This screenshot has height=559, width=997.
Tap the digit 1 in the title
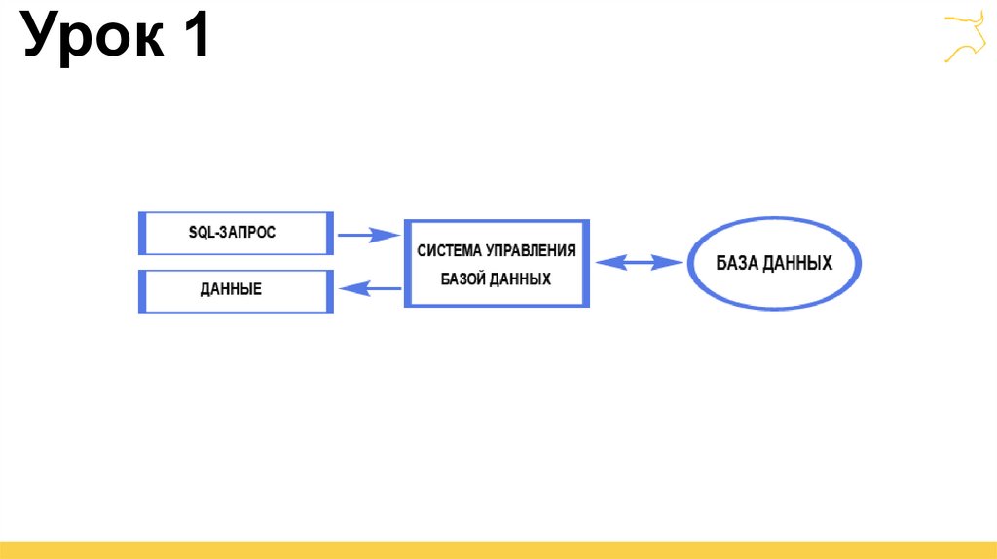click(x=192, y=39)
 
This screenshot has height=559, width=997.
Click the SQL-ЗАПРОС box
click(x=237, y=233)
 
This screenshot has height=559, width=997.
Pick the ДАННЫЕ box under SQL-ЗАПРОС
click(x=237, y=290)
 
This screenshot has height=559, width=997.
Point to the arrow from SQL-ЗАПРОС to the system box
click(x=369, y=235)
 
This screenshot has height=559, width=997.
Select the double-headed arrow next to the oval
click(x=639, y=262)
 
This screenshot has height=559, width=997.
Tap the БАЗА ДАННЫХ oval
click(x=775, y=263)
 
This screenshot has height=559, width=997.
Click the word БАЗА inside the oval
click(x=738, y=263)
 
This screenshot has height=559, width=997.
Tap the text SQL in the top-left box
click(x=201, y=233)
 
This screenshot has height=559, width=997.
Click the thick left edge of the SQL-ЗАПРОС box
click(x=142, y=233)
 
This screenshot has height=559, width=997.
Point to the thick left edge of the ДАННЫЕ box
click(x=142, y=290)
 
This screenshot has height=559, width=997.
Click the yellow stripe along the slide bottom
click(x=498, y=550)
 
